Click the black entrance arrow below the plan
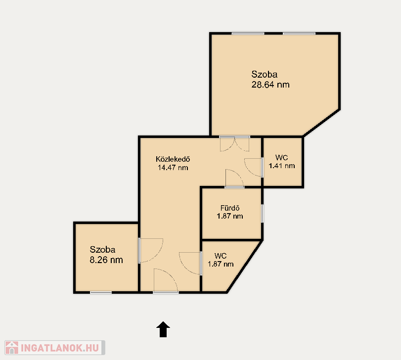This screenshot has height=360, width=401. pos(163,329)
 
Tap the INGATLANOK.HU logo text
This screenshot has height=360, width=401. pos(60,348)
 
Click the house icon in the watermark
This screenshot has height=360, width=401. pos(12,348)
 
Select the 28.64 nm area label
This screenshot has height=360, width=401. pos(270,85)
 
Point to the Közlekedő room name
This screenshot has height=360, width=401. pos(173,159)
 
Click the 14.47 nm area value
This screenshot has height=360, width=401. pos(173,168)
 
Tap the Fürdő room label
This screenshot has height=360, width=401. pos(230,208)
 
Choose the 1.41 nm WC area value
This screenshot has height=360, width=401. pos(281,166)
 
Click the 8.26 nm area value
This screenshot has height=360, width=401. pos(106,260)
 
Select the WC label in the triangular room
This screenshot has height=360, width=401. pos(221,256)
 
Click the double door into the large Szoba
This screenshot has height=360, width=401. pos(234,144)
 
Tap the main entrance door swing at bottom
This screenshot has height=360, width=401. pos(166,280)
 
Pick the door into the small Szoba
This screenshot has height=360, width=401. pos(151,251)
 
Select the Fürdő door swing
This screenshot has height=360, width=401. pos(234,179)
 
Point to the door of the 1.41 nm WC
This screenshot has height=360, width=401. pos(254,168)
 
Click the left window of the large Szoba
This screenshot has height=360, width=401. pos(248,34)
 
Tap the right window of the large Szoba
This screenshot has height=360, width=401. pos(299,34)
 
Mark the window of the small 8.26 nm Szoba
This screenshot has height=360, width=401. pos(101,292)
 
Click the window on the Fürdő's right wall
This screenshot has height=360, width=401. pos(262,213)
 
